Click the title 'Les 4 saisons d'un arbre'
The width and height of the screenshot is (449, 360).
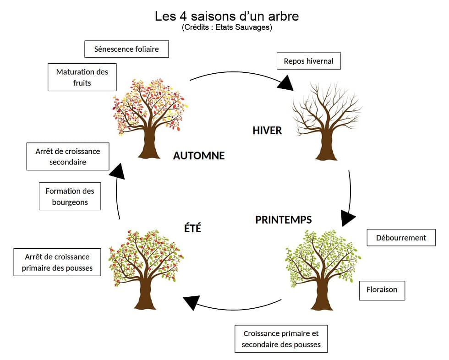227,16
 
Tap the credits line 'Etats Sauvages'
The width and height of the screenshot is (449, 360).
227,27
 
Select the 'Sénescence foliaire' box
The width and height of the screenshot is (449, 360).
126,49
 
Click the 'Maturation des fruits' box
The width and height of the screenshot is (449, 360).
82,77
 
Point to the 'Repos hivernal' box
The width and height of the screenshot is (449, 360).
308,61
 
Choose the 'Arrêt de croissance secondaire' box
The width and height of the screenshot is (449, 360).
68,156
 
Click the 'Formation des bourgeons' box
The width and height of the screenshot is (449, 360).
70,196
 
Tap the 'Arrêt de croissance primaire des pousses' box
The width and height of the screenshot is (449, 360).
57,262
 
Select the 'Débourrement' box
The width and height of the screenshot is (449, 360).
401,238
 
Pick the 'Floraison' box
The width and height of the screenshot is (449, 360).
382,290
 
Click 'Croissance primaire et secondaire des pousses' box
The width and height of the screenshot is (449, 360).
281,339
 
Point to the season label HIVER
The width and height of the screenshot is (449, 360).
267,131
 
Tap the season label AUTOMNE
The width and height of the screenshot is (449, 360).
199,156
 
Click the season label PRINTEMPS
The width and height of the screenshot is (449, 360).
283,220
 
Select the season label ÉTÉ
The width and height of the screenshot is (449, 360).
192,228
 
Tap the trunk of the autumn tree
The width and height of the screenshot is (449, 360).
149,144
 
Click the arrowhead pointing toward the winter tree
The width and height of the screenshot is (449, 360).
285,83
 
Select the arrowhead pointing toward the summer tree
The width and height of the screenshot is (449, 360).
192,302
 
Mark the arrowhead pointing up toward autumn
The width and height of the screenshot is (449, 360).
117,171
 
